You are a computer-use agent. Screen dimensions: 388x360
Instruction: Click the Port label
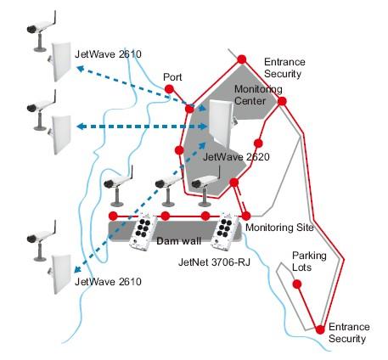pos(172,77)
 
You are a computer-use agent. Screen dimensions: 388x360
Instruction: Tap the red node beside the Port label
pos(169,89)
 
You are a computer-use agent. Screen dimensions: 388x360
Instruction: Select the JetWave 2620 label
pos(236,157)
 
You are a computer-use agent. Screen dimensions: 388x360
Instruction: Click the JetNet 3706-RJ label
pos(214,262)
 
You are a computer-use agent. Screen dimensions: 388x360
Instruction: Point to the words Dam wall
pos(178,241)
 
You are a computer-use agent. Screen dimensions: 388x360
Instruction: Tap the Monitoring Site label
pos(279,228)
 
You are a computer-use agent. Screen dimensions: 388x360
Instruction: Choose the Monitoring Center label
pos(258,95)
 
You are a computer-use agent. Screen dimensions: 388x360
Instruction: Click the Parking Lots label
pos(309,262)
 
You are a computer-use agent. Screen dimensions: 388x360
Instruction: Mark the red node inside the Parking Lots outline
pos(297,284)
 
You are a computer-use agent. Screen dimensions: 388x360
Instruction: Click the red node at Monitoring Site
pos(246,216)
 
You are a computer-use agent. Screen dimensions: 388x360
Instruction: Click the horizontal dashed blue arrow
pos(143,127)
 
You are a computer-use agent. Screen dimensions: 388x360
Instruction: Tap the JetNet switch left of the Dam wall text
pos(143,233)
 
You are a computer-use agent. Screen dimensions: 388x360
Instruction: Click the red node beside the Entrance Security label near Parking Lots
pos(320,329)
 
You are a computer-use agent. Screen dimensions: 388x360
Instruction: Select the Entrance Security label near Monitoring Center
pos(284,68)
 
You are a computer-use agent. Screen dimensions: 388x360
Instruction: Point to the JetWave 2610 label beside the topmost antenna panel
pos(108,54)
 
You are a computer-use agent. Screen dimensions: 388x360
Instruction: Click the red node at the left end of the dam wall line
pos(113,216)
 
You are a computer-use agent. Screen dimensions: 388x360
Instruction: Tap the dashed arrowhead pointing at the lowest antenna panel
pos(77,269)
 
